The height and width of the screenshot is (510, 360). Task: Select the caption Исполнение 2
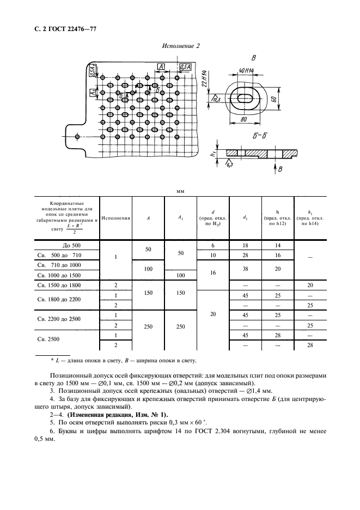(x=181, y=46)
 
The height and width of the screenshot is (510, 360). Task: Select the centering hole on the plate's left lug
(x=78, y=136)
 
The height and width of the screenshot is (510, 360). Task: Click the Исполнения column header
(x=116, y=218)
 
